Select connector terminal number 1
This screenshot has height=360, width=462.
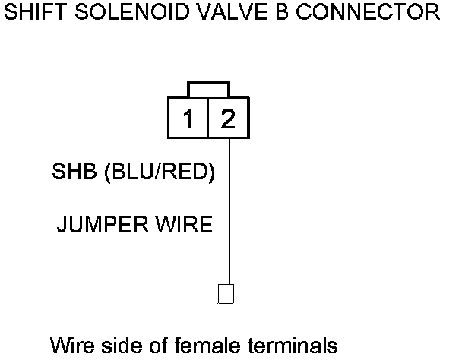pos(189,118)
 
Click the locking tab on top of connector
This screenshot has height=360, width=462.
pos(209,90)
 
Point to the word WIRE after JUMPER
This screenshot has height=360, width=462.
pos(182,226)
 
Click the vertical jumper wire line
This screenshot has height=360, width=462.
pos(226,213)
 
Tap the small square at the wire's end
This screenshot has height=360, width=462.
pos(226,293)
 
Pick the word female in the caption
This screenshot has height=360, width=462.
pos(198,346)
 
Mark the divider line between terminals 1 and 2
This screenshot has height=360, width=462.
pos(209,118)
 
